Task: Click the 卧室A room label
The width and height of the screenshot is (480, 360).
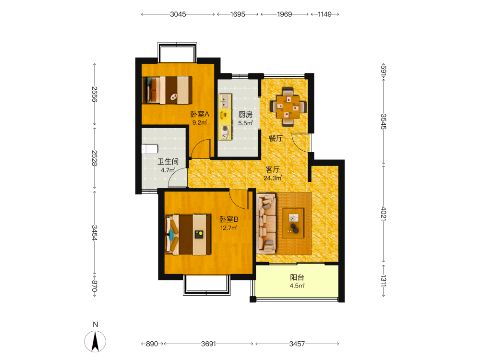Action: click(x=200, y=115)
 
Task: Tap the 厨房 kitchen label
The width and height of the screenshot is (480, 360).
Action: click(x=245, y=115)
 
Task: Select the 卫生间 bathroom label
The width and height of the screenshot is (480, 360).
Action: click(x=168, y=161)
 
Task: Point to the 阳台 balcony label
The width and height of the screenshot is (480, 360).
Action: click(x=297, y=277)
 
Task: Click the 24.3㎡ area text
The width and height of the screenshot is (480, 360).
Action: click(x=273, y=178)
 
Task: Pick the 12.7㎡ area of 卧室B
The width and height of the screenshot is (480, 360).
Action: click(x=228, y=228)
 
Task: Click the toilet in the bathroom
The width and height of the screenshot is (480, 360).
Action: click(x=150, y=149)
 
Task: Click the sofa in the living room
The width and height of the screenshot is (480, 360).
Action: click(x=266, y=224)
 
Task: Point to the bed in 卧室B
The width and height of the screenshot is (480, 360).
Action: click(x=188, y=235)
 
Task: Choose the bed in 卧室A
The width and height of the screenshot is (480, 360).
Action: click(x=167, y=90)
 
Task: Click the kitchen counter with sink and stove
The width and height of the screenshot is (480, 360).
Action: click(x=225, y=117)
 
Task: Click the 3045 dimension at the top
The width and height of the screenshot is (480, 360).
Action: click(x=178, y=14)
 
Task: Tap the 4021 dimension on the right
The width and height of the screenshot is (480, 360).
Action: click(x=384, y=214)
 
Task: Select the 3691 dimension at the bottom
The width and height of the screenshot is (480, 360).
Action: click(x=208, y=344)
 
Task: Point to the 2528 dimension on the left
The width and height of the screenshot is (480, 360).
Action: click(x=95, y=158)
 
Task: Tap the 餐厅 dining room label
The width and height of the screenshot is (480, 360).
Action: click(x=276, y=138)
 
